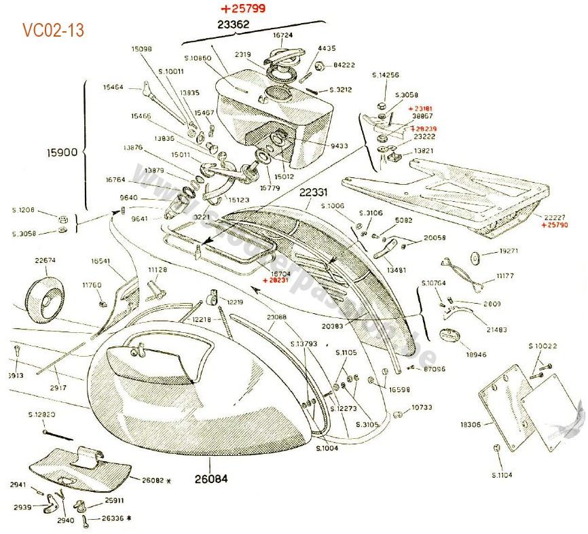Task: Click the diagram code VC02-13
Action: [x=53, y=31]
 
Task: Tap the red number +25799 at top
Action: [x=243, y=9]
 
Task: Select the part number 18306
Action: [x=471, y=425]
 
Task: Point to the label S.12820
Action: [x=42, y=414]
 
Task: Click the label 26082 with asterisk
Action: [x=153, y=480]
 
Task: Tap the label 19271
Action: [x=509, y=251]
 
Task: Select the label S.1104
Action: [x=503, y=475]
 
